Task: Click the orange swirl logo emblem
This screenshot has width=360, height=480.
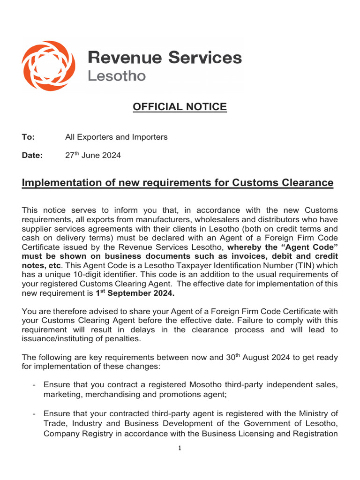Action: point(48,66)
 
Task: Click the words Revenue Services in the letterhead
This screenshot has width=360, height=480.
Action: point(165,58)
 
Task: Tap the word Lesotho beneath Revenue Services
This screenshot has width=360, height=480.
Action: point(117,76)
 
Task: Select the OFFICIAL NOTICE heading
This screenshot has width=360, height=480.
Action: point(180,107)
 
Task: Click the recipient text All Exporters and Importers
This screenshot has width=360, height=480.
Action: point(116,137)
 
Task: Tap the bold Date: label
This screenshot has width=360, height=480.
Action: point(32,156)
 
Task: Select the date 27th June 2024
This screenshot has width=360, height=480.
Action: point(93,156)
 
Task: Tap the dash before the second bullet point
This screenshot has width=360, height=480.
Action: point(35,413)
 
